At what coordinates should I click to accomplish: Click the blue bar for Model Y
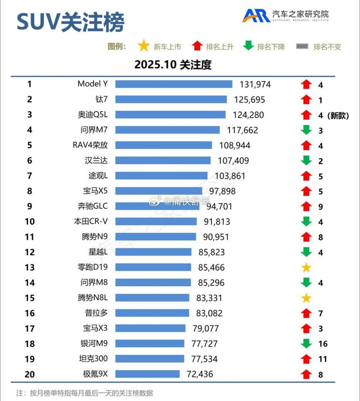[173, 84]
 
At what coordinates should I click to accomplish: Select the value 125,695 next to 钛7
[249, 99]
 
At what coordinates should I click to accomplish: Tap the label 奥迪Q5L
[93, 115]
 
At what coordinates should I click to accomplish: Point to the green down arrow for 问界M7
[306, 130]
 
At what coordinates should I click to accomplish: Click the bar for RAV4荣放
[164, 145]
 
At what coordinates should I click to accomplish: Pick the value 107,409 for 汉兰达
[233, 160]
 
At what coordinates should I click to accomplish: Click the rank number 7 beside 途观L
[29, 176]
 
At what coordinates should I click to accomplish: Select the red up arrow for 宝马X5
[306, 191]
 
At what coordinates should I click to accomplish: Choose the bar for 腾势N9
[156, 237]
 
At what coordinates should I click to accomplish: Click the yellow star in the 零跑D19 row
[306, 268]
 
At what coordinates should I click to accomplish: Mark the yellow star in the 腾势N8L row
[306, 298]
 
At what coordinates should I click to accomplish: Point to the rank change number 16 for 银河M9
[322, 344]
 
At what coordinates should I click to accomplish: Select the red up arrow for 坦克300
[306, 359]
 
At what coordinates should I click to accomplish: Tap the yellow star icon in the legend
[143, 46]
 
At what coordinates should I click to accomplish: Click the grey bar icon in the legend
[302, 46]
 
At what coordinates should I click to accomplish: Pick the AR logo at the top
[255, 15]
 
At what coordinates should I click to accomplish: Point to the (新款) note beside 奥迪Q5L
[338, 115]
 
